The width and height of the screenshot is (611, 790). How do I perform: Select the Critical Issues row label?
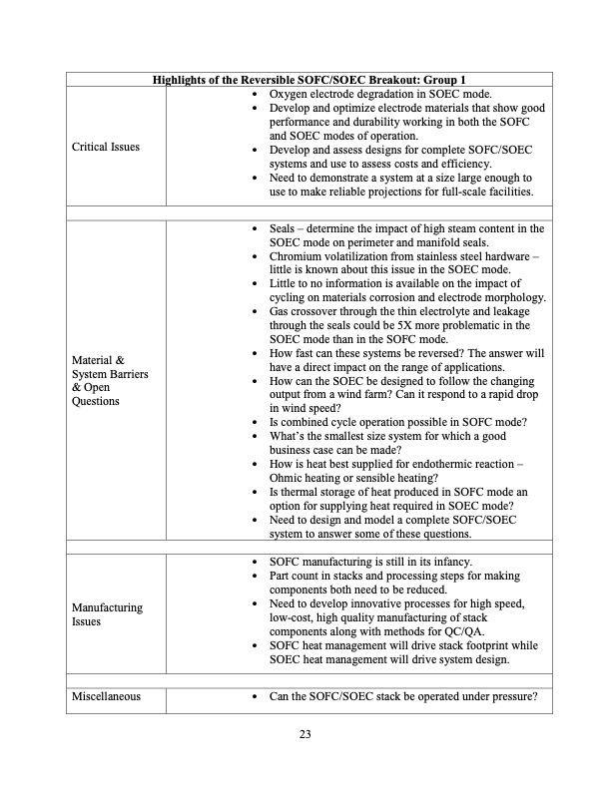click(x=106, y=148)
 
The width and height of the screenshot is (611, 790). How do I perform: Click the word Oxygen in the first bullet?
click(x=291, y=93)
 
